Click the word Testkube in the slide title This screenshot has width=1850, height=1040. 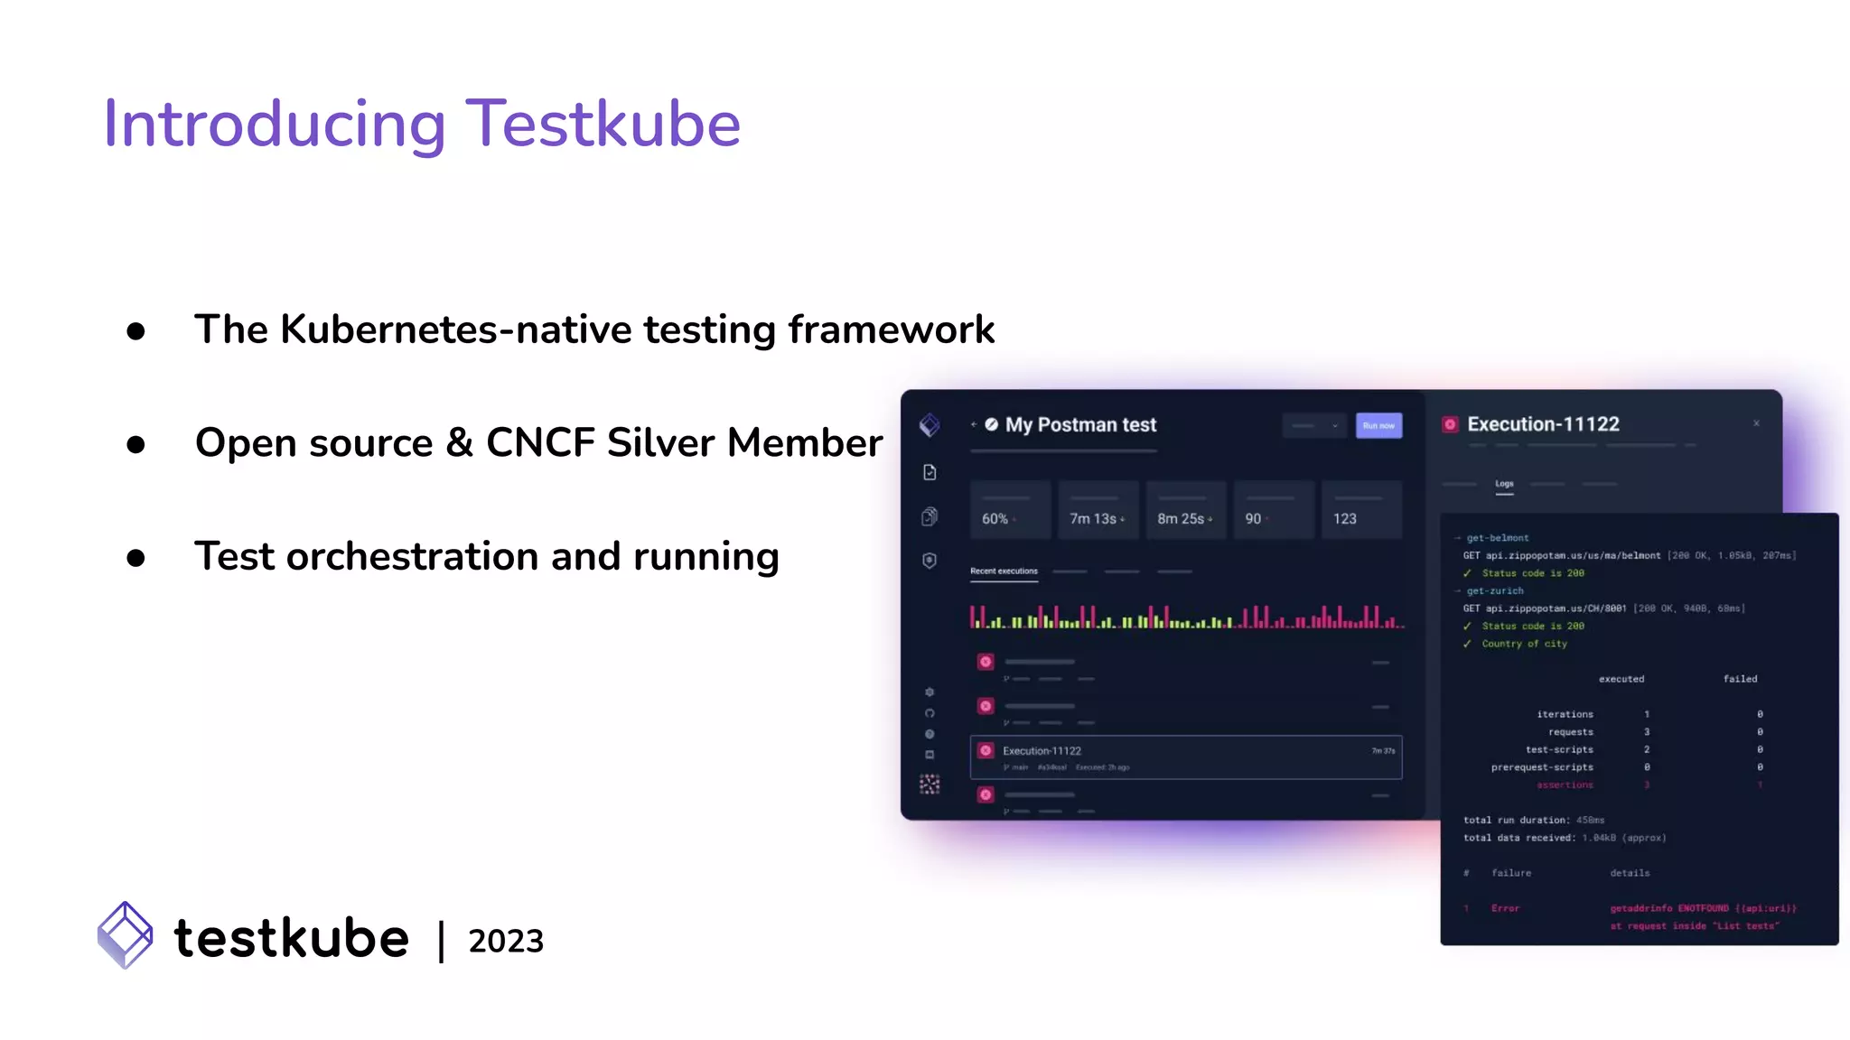(603, 124)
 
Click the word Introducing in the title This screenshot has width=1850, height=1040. (275, 124)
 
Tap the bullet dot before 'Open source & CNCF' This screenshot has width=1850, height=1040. (136, 444)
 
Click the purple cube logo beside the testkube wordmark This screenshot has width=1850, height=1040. (126, 935)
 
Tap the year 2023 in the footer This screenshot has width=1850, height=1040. (506, 941)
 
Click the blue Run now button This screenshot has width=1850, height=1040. (1378, 425)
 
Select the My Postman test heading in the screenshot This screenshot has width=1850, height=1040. (1080, 424)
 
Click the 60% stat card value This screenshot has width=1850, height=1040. (995, 519)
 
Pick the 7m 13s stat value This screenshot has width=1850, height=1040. (1093, 519)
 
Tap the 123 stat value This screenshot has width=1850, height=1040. (1344, 519)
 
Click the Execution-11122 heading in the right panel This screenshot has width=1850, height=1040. (1543, 424)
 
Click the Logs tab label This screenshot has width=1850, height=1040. (1504, 484)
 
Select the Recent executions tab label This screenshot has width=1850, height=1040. (1004, 571)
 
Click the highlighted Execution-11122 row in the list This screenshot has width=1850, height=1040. (1185, 757)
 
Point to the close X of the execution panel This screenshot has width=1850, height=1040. (1756, 423)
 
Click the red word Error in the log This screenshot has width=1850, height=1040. (1505, 908)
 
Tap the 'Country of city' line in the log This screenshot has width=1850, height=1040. (1524, 644)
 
